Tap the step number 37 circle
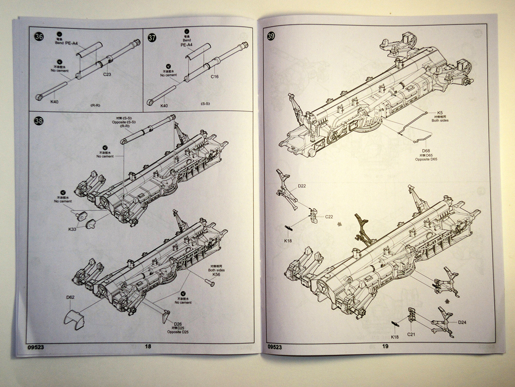coord(152,37)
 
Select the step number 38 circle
coord(39,121)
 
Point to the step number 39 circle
coord(271,36)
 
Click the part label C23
coord(107,74)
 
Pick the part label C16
coord(215,76)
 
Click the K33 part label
coord(72,229)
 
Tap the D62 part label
coord(70,297)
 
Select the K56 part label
coord(216,275)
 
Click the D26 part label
coord(178,324)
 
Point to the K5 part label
coord(440,113)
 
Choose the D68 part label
coord(426,151)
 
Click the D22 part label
coord(302,186)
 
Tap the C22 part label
coord(329,217)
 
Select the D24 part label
coord(462,322)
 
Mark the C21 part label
coord(411,334)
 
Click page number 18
coord(148,346)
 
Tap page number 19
coord(385,346)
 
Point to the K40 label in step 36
coord(54,102)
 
